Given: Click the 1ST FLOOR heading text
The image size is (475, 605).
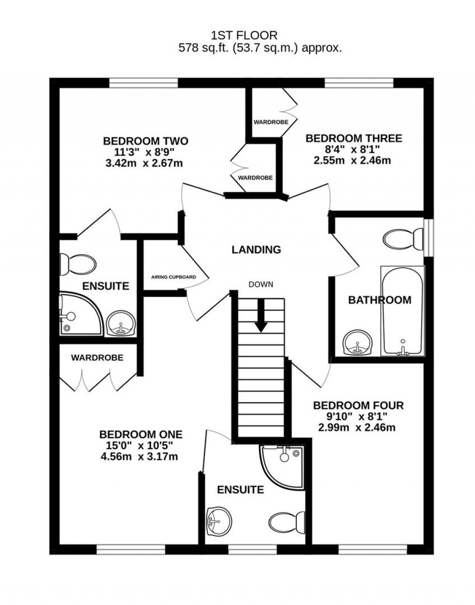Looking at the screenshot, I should tap(244, 35).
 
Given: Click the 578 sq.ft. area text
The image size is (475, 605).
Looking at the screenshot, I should tap(260, 48).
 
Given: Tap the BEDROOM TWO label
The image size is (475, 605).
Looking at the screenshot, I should tap(145, 141).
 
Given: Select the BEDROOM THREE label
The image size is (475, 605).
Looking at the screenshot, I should tap(353, 138).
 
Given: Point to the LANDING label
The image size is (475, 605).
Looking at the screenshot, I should tap(256, 250).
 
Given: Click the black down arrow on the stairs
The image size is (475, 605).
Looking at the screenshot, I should tap(261, 315).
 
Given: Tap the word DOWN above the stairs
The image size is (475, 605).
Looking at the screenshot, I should tap(260, 284).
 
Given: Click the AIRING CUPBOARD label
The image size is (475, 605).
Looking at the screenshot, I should tap(173, 277).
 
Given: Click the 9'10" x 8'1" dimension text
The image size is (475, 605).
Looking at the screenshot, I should tap(358, 417).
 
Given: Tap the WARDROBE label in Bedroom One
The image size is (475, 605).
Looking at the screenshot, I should tap(97, 358).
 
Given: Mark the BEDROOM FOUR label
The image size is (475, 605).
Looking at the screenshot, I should tap(358, 405).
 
